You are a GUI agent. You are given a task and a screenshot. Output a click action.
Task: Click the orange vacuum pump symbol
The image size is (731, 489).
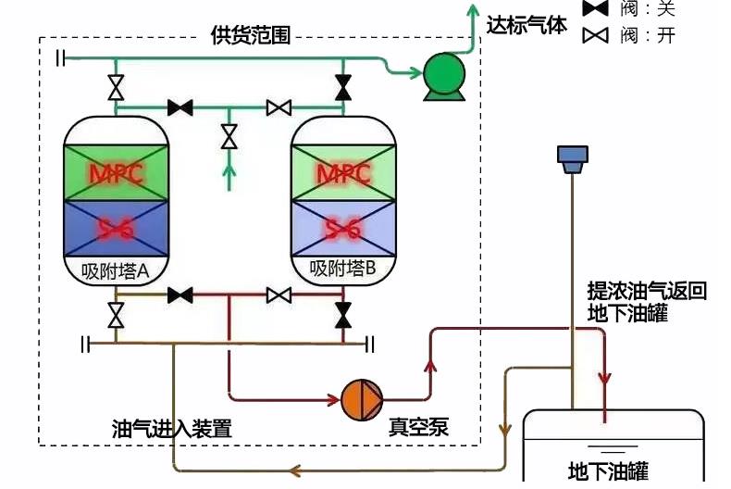[x=360, y=399]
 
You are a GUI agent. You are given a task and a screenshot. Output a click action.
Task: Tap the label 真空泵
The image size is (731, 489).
[x=418, y=427]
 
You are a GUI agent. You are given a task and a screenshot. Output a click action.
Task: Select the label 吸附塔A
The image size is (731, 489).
[x=117, y=270]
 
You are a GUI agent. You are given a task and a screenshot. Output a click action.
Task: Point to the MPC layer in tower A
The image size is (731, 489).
[x=117, y=173]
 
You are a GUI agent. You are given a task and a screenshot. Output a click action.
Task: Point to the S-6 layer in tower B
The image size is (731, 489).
[x=343, y=227]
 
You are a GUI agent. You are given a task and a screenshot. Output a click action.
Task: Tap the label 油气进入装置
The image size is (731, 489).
[x=171, y=429]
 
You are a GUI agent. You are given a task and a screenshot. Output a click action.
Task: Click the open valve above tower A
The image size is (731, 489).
[x=116, y=88]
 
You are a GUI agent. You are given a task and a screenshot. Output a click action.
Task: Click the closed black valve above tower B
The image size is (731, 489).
[x=343, y=88]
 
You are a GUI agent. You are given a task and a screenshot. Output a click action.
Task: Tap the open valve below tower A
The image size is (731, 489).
[x=116, y=316]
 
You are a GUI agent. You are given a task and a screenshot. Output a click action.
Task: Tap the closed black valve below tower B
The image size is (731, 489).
[x=343, y=315]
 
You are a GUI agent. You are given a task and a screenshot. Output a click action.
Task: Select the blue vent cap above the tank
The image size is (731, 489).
[x=572, y=157]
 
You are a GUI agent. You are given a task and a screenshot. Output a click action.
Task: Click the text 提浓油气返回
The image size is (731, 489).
[x=647, y=292]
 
